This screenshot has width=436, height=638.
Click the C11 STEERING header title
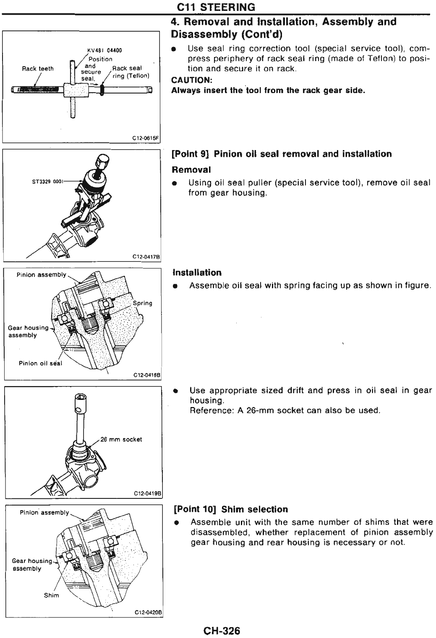pyautogui.click(x=216, y=7)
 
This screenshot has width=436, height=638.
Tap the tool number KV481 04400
pyautogui.click(x=104, y=50)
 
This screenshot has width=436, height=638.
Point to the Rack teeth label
pyautogui.click(x=38, y=69)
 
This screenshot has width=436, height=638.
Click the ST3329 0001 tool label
pyautogui.click(x=47, y=182)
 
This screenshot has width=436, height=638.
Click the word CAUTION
pyautogui.click(x=190, y=80)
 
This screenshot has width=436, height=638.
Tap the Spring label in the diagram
pyautogui.click(x=142, y=303)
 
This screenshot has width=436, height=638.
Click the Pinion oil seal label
pyautogui.click(x=40, y=363)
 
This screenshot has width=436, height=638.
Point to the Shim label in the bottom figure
pyautogui.click(x=52, y=595)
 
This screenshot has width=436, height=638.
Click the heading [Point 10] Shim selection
pyautogui.click(x=231, y=509)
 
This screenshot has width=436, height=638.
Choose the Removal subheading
pyautogui.click(x=191, y=169)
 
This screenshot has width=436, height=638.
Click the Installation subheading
pyautogui.click(x=197, y=272)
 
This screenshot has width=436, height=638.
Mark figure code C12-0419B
pyautogui.click(x=148, y=494)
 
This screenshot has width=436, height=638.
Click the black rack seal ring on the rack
pyautogui.click(x=102, y=89)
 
